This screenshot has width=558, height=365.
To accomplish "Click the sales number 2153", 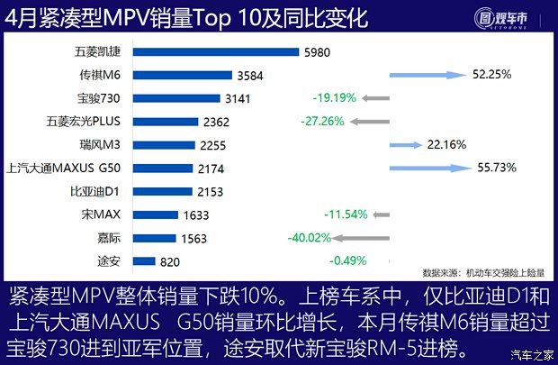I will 210,191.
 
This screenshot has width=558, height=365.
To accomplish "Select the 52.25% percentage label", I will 492,74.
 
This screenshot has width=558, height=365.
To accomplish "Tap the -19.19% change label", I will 332,97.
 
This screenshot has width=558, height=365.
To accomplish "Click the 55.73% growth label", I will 495,168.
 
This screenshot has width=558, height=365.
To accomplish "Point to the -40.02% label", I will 307,238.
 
